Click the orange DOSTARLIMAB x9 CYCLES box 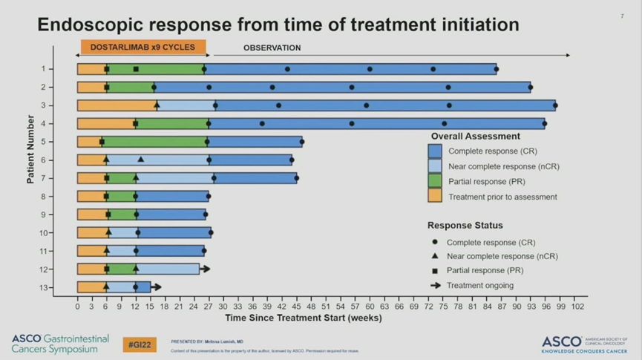pos(143,48)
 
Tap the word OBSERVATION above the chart pos(272,48)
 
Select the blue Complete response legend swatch pos(435,151)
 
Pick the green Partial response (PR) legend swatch pos(435,181)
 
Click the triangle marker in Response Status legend pos(435,256)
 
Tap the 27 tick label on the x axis pos(209,306)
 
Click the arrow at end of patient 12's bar pos(206,269)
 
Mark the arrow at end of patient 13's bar pos(156,287)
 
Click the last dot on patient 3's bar pos(555,105)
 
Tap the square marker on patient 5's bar pos(102,142)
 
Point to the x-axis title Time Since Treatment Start pos(303,318)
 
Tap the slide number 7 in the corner pos(621,16)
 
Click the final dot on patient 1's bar pos(497,69)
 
